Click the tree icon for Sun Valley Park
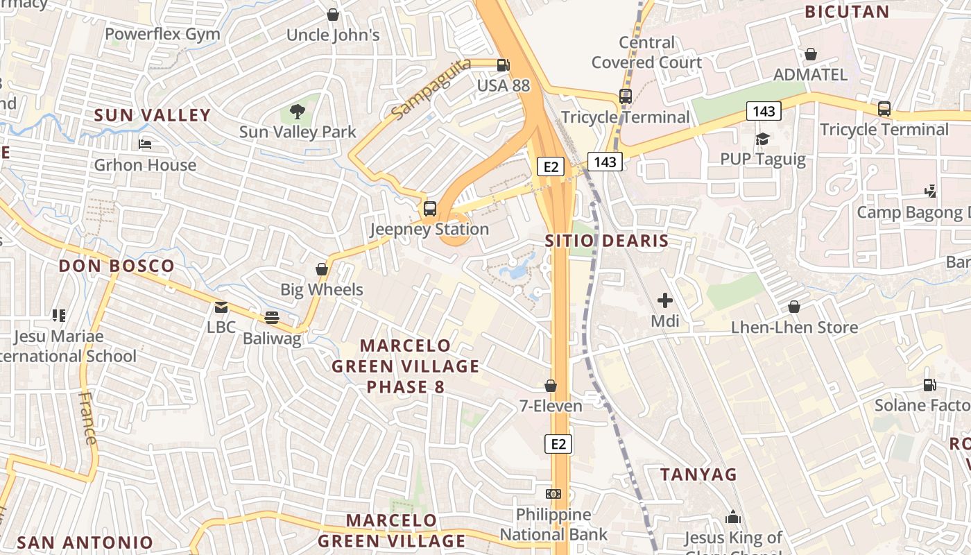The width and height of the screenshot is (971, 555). (x=298, y=111)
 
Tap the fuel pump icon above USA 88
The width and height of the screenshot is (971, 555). (x=503, y=65)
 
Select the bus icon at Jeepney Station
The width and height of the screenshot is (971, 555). (x=430, y=208)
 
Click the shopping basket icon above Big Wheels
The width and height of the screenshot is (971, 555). (x=322, y=268)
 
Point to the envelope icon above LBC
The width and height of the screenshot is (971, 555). (x=221, y=307)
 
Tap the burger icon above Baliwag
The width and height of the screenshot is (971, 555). (x=272, y=318)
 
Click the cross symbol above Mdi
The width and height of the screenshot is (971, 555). (x=664, y=300)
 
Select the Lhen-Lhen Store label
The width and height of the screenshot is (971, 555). (x=794, y=327)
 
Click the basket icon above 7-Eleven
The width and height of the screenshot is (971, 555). (x=551, y=385)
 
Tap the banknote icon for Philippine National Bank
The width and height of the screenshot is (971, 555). (x=553, y=494)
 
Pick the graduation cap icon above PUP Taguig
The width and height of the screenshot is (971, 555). (x=763, y=139)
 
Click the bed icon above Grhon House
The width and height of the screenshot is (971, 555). (x=145, y=144)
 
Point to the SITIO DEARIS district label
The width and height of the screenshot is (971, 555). (x=606, y=241)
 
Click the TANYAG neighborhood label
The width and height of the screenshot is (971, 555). (x=698, y=475)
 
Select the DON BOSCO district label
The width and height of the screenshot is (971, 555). (x=117, y=266)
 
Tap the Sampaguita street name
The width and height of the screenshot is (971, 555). (x=430, y=88)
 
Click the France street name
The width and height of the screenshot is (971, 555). (x=88, y=418)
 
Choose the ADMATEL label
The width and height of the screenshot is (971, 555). (x=810, y=74)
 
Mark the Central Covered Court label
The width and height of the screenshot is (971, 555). (x=646, y=52)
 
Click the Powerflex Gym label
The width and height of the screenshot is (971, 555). (x=162, y=34)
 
